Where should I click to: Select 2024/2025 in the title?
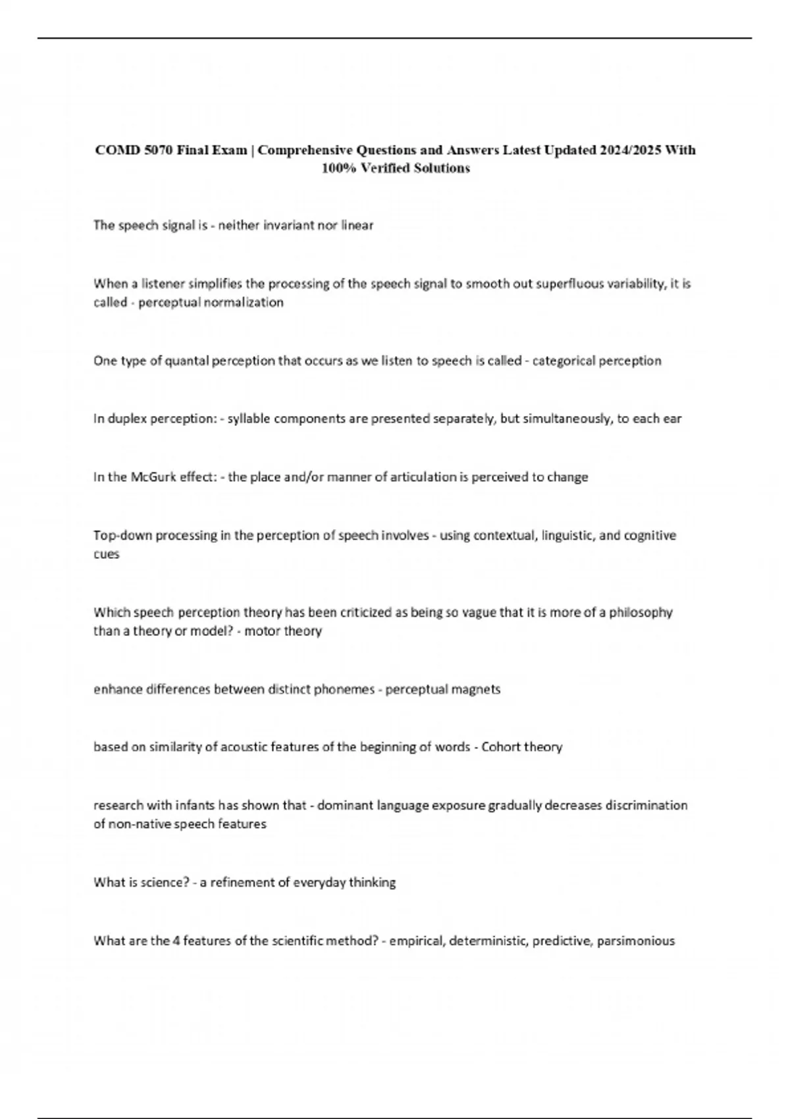630,150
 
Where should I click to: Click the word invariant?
289,225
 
